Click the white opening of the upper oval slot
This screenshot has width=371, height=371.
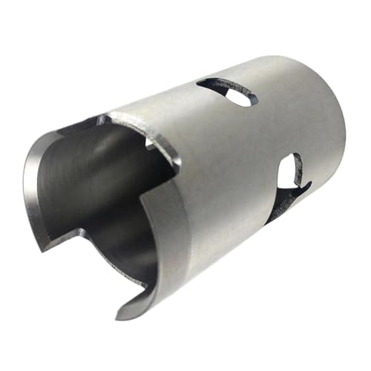click(x=237, y=96)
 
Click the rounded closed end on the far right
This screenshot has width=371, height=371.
click(x=338, y=134)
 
